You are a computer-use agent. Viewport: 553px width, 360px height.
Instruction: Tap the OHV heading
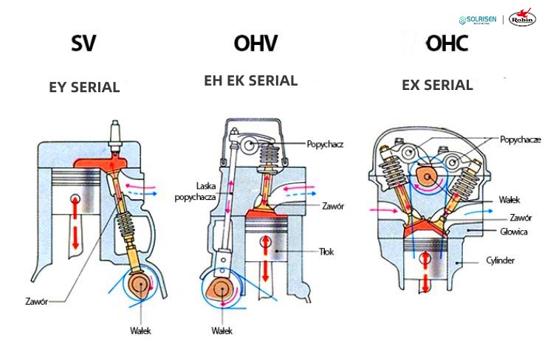coord(255,44)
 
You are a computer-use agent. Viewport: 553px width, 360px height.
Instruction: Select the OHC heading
coord(446,44)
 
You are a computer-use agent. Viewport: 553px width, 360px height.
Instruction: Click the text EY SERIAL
coord(84,87)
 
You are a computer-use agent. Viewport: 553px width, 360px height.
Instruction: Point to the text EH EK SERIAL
coord(250,80)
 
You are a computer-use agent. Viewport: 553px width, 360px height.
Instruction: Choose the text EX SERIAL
coord(437,85)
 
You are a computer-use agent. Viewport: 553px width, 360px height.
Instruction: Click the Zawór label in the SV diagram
coord(35,301)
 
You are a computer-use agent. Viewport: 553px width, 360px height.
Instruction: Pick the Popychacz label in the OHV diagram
coord(326,145)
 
